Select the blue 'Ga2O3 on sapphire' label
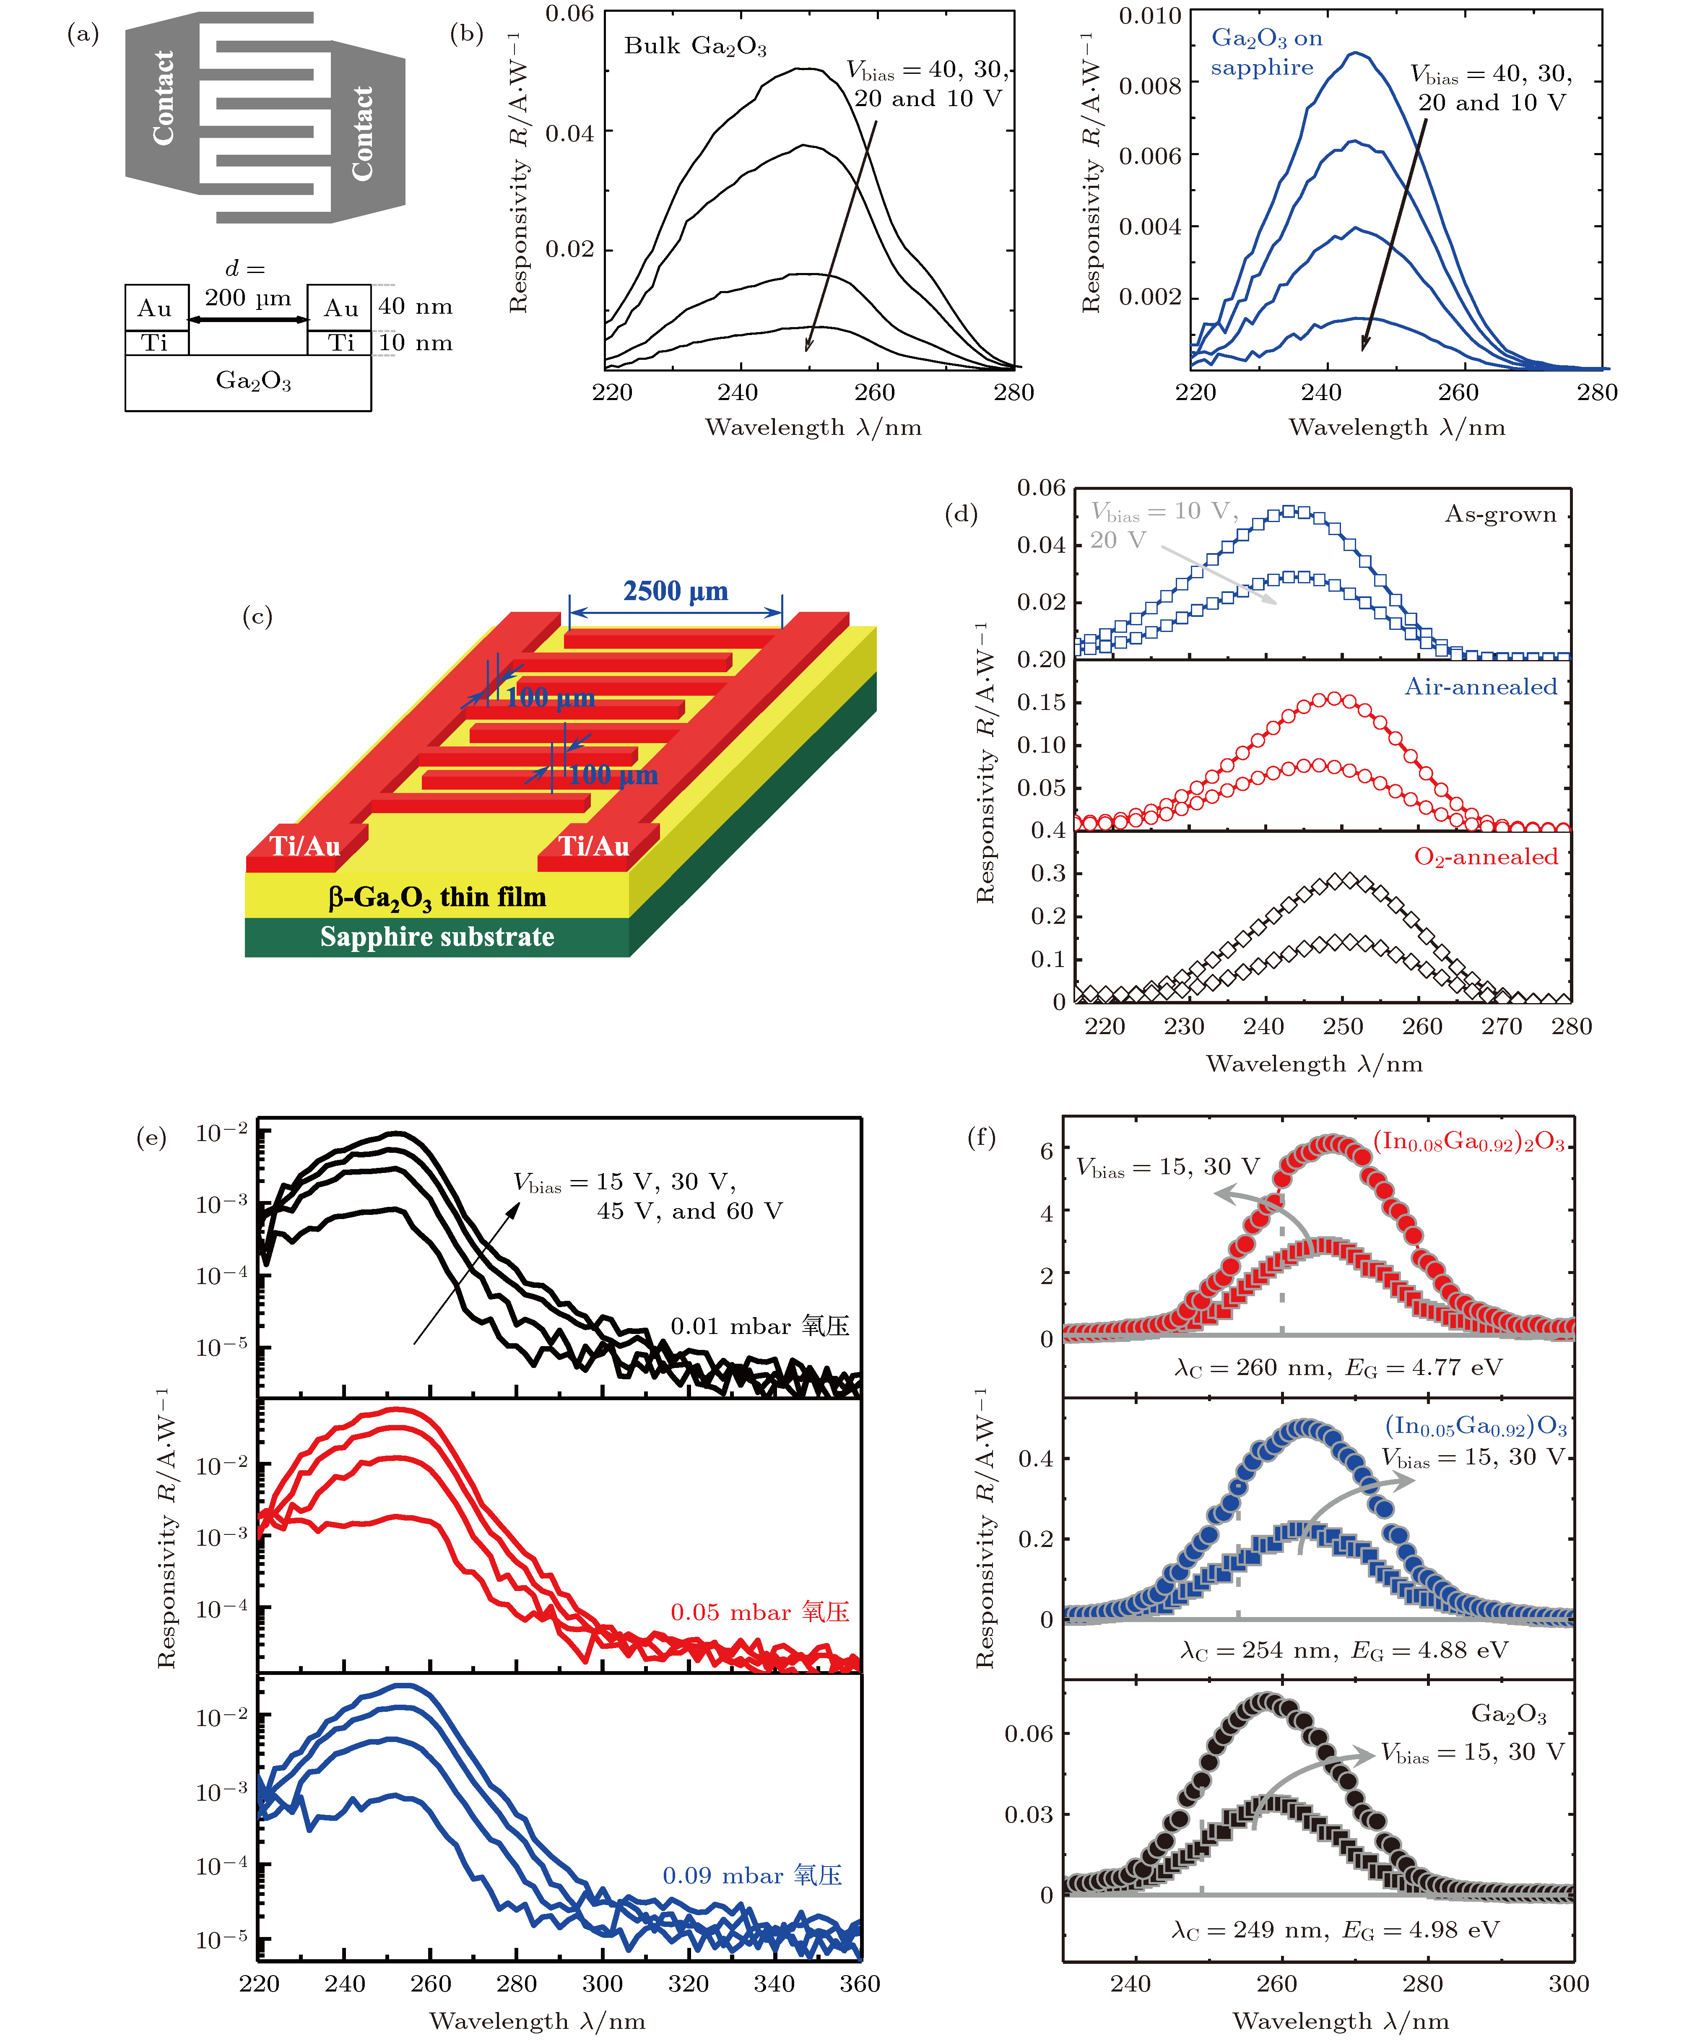[1266, 52]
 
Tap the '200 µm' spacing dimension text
[247, 298]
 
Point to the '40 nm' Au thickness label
[415, 307]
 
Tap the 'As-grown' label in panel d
[1499, 514]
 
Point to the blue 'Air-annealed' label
[1480, 687]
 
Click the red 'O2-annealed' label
[1485, 857]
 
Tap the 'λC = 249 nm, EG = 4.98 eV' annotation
[1335, 1930]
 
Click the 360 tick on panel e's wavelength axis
[860, 1984]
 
